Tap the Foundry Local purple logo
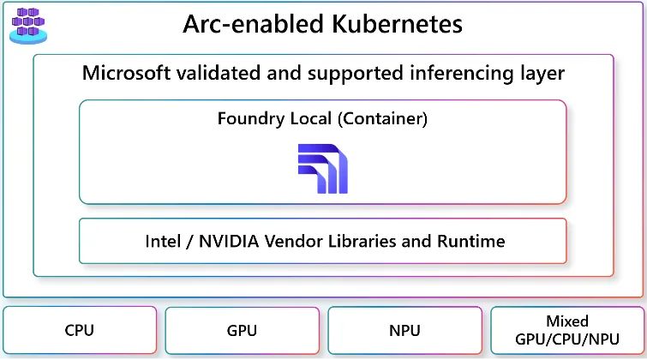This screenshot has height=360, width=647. coord(322,168)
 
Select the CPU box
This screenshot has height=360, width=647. coord(80,330)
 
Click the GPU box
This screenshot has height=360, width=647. coord(242,330)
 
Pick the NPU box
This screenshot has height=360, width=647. coord(404,330)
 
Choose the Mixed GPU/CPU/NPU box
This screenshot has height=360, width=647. coord(566,330)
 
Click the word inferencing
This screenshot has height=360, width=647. coord(460,73)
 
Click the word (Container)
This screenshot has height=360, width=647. coord(383,118)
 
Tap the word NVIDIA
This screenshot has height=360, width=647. coord(229,241)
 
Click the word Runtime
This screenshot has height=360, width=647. coord(470,241)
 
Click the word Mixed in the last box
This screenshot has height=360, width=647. coord(567,321)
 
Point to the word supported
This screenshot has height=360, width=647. coord(336,73)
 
